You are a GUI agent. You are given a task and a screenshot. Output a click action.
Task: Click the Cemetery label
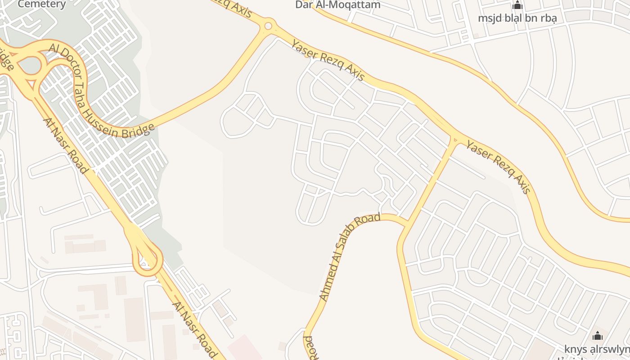42,4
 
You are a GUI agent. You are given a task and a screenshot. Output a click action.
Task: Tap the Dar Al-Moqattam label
337,5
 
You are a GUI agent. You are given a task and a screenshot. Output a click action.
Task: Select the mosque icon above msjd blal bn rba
517,6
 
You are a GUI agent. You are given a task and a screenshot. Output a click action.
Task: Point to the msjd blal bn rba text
517,18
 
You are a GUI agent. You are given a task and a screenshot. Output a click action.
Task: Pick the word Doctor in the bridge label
67,63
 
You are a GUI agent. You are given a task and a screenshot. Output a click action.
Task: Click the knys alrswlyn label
597,350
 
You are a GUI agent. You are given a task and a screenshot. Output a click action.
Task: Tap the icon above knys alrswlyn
597,336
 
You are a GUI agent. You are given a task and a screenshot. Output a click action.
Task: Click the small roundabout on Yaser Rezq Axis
269,26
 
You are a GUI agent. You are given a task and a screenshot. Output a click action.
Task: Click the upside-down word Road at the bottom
310,346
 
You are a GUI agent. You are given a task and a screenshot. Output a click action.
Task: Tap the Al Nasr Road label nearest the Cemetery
65,145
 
